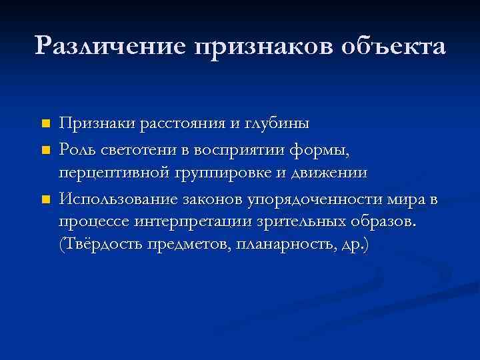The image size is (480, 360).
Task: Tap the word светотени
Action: coord(137,149)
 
